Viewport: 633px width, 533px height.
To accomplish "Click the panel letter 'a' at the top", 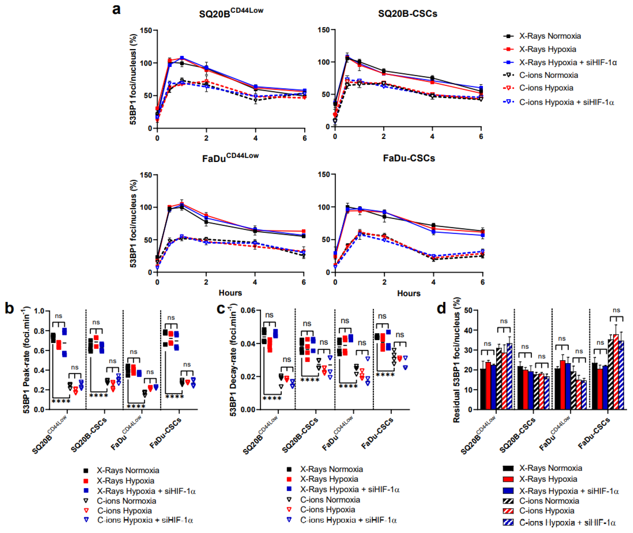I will point(116,9).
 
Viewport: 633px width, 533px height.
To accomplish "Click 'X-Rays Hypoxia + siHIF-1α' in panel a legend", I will point(568,62).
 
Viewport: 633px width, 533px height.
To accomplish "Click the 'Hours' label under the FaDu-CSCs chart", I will point(409,293).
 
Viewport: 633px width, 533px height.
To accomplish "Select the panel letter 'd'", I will point(442,309).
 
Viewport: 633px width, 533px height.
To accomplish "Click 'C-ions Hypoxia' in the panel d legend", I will point(547,511).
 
